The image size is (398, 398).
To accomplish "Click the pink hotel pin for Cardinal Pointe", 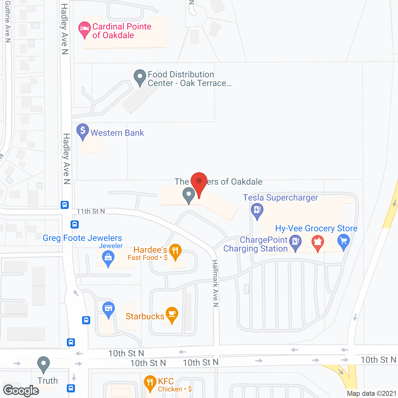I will [84, 29].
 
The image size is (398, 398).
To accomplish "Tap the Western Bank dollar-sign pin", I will [83, 131].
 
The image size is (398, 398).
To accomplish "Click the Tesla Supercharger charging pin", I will [257, 210].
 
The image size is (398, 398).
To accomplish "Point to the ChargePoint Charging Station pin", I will [295, 242].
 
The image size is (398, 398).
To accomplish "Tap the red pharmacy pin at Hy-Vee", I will [317, 242].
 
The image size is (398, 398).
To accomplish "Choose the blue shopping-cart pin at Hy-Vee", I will [344, 241].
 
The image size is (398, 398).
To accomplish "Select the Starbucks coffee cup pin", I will [172, 314].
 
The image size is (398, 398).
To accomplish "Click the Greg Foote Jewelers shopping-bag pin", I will [108, 258].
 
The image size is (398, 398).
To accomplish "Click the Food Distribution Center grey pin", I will [140, 76].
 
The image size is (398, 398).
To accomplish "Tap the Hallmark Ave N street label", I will [215, 283].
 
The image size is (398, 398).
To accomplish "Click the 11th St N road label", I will [91, 211].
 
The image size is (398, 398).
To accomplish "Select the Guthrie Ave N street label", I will [8, 22].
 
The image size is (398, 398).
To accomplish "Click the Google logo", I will [21, 391].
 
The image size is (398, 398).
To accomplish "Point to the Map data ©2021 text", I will [372, 394].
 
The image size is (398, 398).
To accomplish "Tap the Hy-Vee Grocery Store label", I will [316, 229].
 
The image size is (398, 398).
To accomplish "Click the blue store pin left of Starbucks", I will [109, 309].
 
